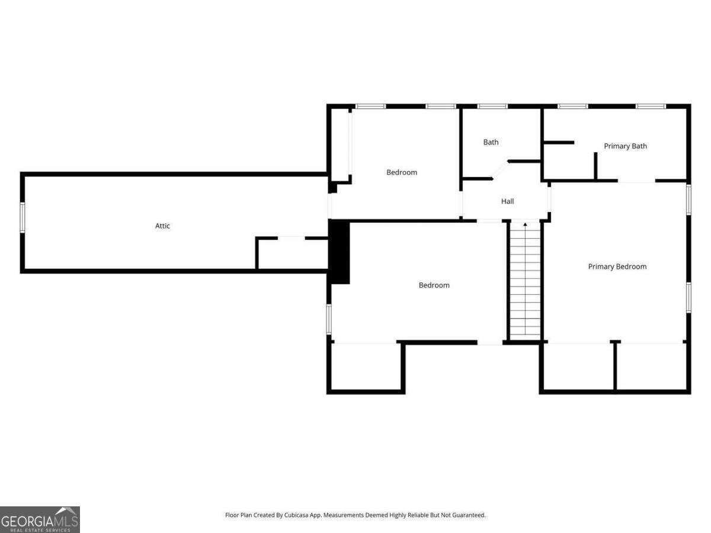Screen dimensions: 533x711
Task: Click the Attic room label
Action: pyautogui.click(x=163, y=226)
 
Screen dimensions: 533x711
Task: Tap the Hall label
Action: pyautogui.click(x=508, y=201)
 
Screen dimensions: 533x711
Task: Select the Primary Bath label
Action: pyautogui.click(x=625, y=146)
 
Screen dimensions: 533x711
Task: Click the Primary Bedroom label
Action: pyautogui.click(x=617, y=266)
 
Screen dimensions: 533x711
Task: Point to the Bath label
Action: pyautogui.click(x=491, y=142)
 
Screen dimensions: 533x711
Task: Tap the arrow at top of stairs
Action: pyautogui.click(x=525, y=225)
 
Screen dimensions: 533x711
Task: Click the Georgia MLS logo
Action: pyautogui.click(x=40, y=519)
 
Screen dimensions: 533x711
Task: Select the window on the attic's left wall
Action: pyautogui.click(x=23, y=217)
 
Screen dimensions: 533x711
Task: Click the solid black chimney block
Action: pyautogui.click(x=340, y=251)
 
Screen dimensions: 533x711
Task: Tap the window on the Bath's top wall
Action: pyautogui.click(x=493, y=107)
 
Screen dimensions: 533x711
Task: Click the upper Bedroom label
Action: pyautogui.click(x=402, y=172)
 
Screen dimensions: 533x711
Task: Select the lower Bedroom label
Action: pyautogui.click(x=434, y=285)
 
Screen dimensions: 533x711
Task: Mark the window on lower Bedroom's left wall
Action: pyautogui.click(x=329, y=319)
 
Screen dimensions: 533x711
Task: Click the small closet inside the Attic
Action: pyautogui.click(x=292, y=253)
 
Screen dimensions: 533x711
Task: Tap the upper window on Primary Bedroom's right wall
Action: pyautogui.click(x=688, y=200)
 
